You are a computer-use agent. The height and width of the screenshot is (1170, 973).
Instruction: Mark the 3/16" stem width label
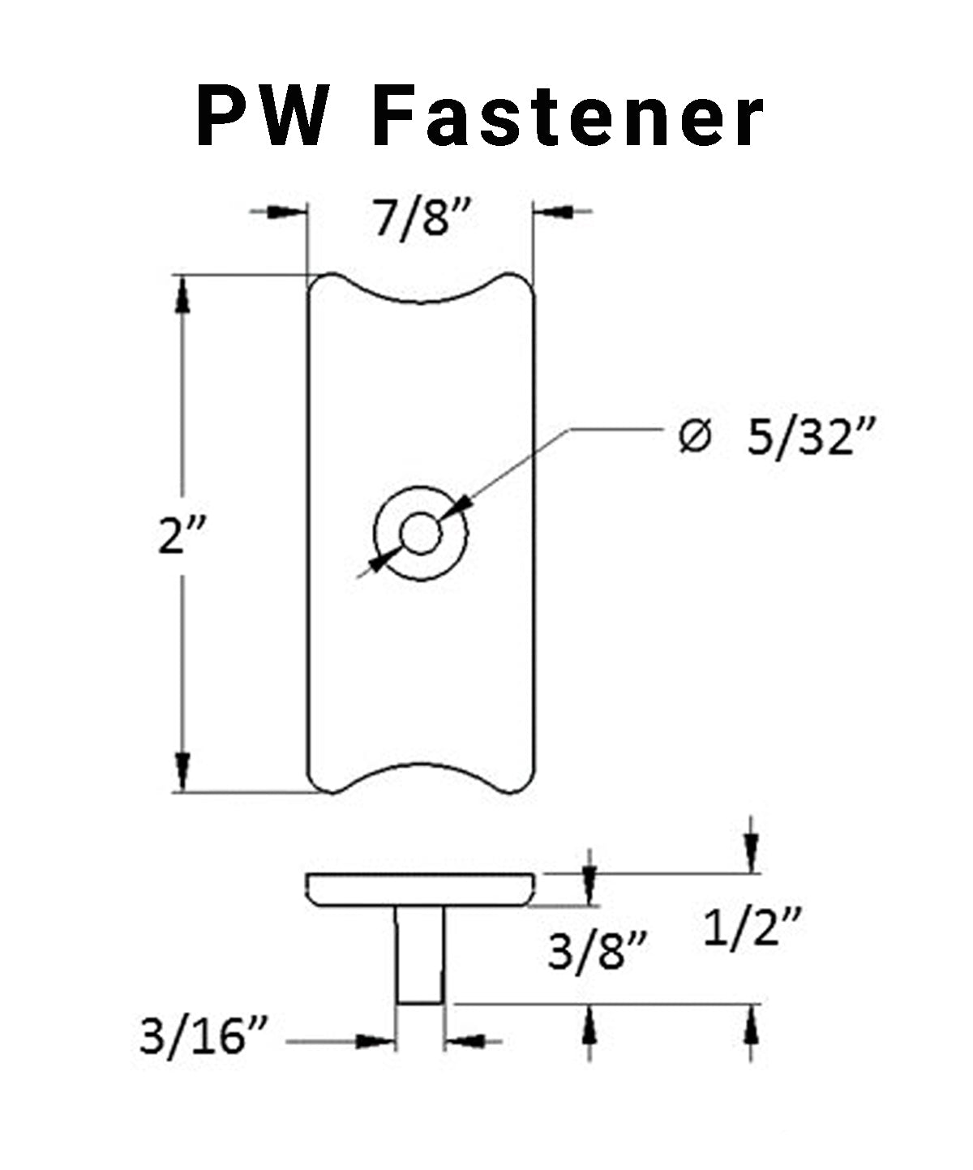coord(204,1037)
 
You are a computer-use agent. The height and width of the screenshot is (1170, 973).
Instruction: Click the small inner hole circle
coord(419,534)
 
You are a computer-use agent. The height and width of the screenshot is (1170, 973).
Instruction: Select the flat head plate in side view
coord(419,889)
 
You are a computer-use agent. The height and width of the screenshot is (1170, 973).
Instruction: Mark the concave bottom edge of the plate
coord(421,766)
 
